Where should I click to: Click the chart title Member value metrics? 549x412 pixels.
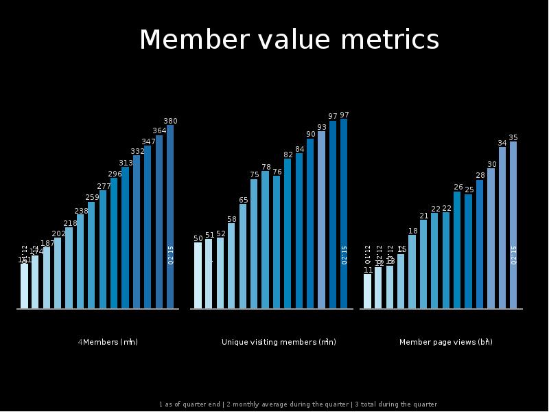pos(289,41)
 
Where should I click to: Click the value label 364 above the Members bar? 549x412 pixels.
pos(159,130)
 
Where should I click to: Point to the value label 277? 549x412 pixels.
pos(104,186)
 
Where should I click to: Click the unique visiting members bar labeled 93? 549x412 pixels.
pos(321,220)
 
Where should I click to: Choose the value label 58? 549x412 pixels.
pos(232,219)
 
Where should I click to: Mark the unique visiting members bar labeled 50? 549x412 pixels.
pos(198,275)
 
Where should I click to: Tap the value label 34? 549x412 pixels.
pos(502,144)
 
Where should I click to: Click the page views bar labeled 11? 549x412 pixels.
pos(367,291)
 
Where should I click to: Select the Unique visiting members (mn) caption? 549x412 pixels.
pos(279,342)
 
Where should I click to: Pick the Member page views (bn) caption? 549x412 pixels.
pos(445,342)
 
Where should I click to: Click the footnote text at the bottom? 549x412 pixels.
pos(298,404)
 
